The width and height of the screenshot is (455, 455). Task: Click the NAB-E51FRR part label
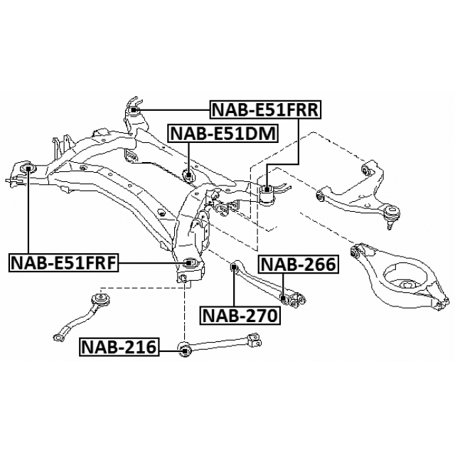(x=265, y=109)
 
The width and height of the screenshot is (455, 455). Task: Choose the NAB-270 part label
(x=239, y=315)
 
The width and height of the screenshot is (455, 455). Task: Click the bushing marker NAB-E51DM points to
(x=189, y=175)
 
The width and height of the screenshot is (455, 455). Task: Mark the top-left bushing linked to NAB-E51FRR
(x=135, y=109)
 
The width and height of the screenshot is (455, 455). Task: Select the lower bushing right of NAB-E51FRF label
(x=188, y=263)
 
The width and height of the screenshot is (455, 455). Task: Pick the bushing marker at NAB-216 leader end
(x=184, y=348)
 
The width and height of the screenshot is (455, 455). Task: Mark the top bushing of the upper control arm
(x=368, y=168)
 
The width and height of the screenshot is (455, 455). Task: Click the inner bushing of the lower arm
(x=357, y=251)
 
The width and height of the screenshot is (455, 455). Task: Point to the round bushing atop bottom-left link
(x=100, y=299)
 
